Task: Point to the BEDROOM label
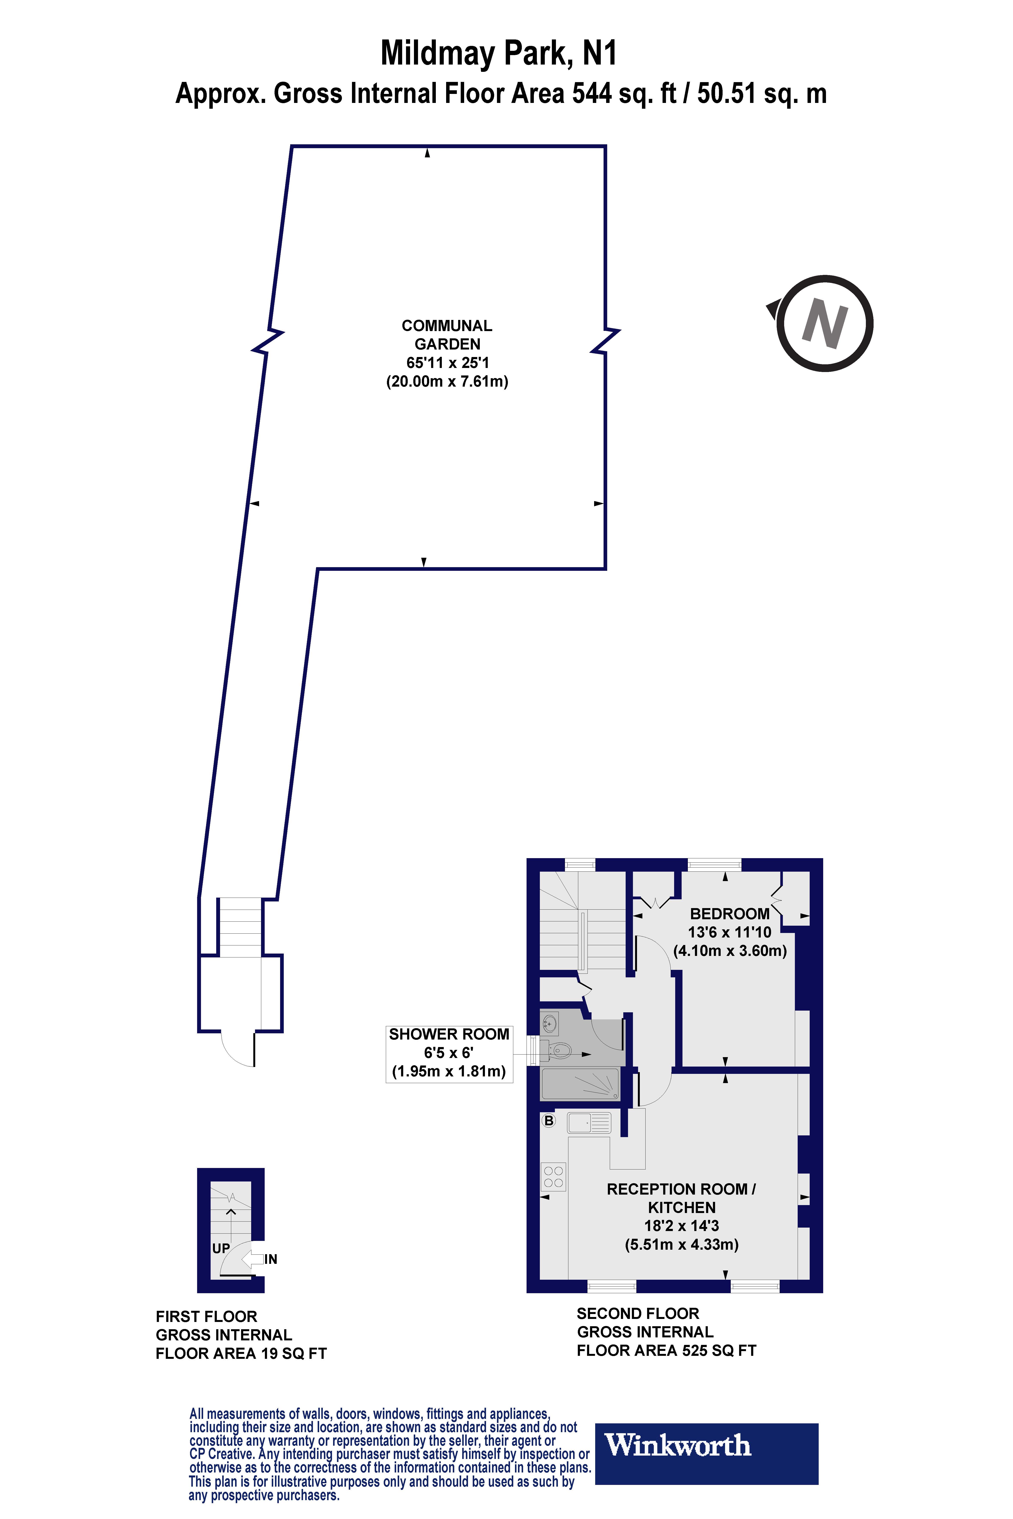click(x=729, y=914)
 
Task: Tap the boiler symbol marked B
click(x=548, y=1121)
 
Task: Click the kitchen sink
click(x=589, y=1123)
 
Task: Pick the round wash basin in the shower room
click(x=550, y=1024)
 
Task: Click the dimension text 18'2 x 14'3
click(x=682, y=1226)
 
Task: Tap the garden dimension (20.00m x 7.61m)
click(x=447, y=381)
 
